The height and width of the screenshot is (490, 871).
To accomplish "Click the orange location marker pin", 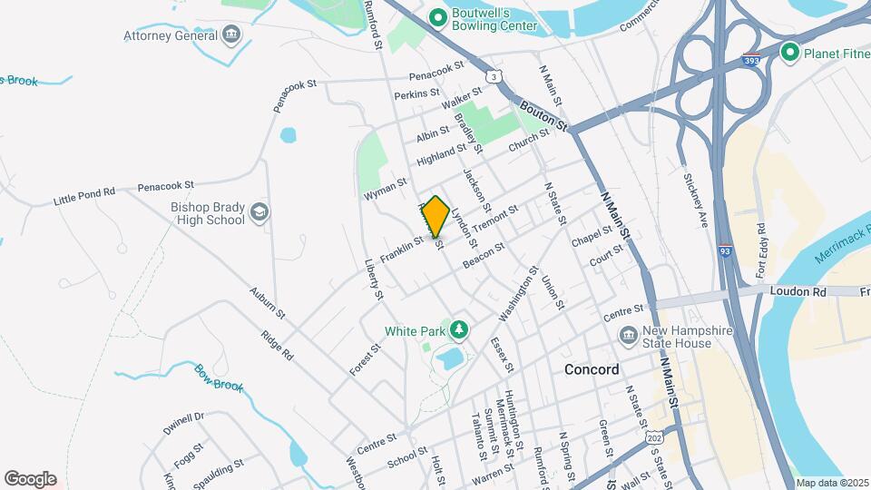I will point(435,215).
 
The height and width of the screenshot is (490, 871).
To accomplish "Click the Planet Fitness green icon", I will point(788,53).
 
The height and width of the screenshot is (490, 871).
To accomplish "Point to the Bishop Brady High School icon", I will point(259,212).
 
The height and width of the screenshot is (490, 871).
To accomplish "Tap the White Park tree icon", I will point(459,330).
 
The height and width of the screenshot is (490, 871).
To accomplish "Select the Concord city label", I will point(592,369).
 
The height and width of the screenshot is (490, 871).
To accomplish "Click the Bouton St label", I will point(542,116).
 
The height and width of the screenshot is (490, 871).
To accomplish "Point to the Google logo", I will point(30,478).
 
